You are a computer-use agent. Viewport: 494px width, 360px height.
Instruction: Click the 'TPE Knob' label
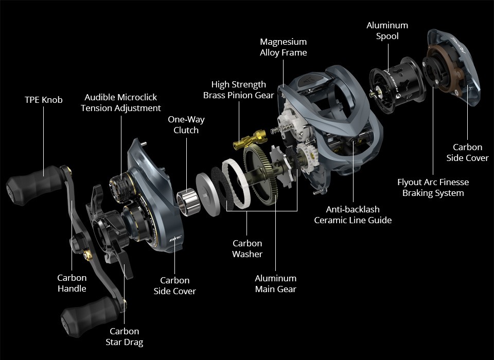(43, 100)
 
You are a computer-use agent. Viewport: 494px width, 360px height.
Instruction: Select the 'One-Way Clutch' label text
(186, 125)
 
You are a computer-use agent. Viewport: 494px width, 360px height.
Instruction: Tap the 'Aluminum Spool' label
(387, 30)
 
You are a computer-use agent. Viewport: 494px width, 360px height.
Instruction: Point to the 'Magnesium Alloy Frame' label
(283, 47)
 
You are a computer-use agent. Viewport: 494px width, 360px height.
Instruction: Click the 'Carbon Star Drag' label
(125, 336)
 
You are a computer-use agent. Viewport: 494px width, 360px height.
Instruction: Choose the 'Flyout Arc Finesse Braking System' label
(433, 187)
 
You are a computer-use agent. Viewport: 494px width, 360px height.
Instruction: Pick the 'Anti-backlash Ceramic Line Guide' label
(353, 214)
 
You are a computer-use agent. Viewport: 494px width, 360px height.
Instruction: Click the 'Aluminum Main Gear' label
(276, 283)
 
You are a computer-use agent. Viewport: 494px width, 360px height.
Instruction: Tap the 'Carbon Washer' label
(248, 248)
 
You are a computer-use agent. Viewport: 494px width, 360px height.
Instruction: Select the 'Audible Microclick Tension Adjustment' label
(120, 102)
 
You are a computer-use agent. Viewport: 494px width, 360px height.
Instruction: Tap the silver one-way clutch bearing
(188, 202)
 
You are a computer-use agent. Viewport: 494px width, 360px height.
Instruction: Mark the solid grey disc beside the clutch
(208, 194)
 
